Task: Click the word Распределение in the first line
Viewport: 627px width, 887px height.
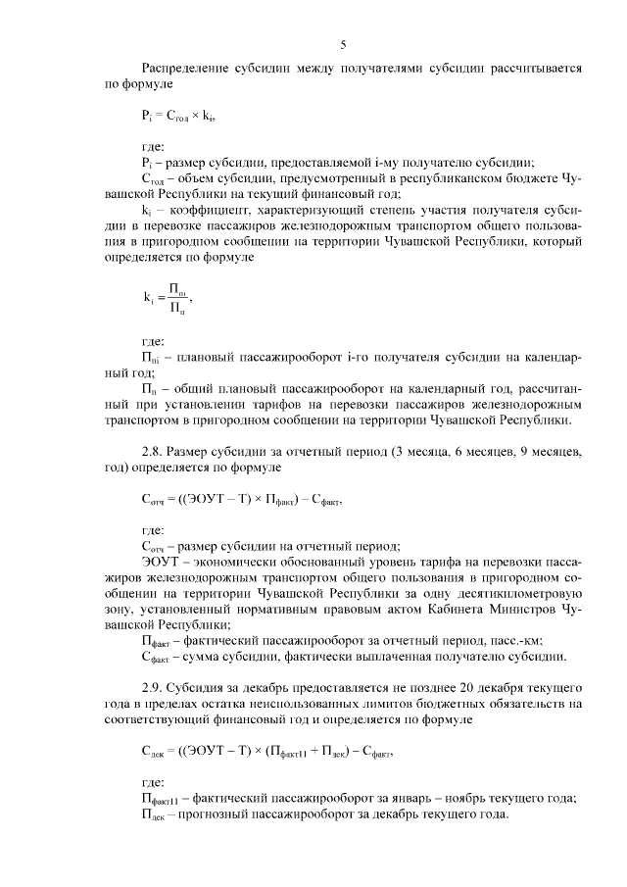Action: [187, 70]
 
